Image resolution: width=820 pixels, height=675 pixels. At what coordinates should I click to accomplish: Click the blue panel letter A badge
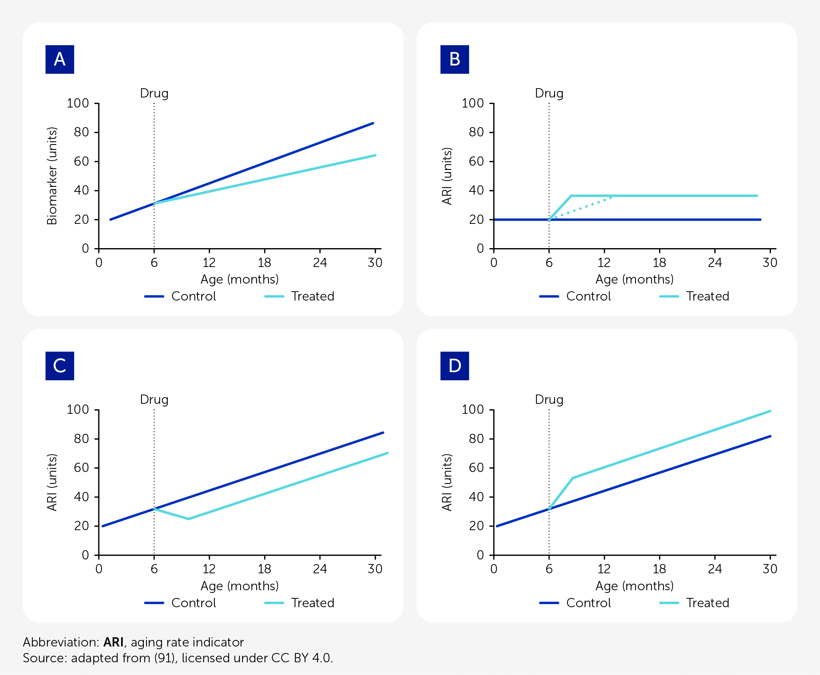pos(59,59)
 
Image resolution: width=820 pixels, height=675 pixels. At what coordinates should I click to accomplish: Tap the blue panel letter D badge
pos(455,366)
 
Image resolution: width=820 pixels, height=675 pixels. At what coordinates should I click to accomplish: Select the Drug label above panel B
pos(549,94)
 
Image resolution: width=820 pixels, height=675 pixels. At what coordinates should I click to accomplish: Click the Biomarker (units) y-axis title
pos(52,176)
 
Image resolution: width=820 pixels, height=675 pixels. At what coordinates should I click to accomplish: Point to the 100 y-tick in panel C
pos(78,410)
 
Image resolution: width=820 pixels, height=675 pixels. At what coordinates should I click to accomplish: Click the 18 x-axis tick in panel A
pos(265,263)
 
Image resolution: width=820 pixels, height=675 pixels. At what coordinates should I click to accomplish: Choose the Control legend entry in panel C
pos(180,603)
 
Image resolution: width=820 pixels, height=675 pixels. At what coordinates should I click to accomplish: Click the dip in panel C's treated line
pos(189,519)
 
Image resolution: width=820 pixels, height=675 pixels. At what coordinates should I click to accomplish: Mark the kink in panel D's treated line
pos(572,478)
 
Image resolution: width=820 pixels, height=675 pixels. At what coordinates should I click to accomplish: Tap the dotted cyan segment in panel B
pos(580,209)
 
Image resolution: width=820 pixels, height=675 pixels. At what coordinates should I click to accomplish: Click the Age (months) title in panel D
pos(634,586)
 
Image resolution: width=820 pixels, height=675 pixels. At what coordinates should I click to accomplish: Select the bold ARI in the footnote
pos(113,642)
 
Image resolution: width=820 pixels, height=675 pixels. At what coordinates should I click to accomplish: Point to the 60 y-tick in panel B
pos(476,161)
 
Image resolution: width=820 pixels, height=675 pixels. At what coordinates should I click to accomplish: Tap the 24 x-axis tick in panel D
pos(715,569)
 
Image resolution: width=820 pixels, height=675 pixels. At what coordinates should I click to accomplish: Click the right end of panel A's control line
pos(373,123)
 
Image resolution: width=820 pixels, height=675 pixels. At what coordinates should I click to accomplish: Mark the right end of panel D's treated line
pos(770,411)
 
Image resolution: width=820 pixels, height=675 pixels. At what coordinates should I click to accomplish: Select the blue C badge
pos(59,366)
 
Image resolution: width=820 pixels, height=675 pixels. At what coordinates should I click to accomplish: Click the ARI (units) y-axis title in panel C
pos(52,482)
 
